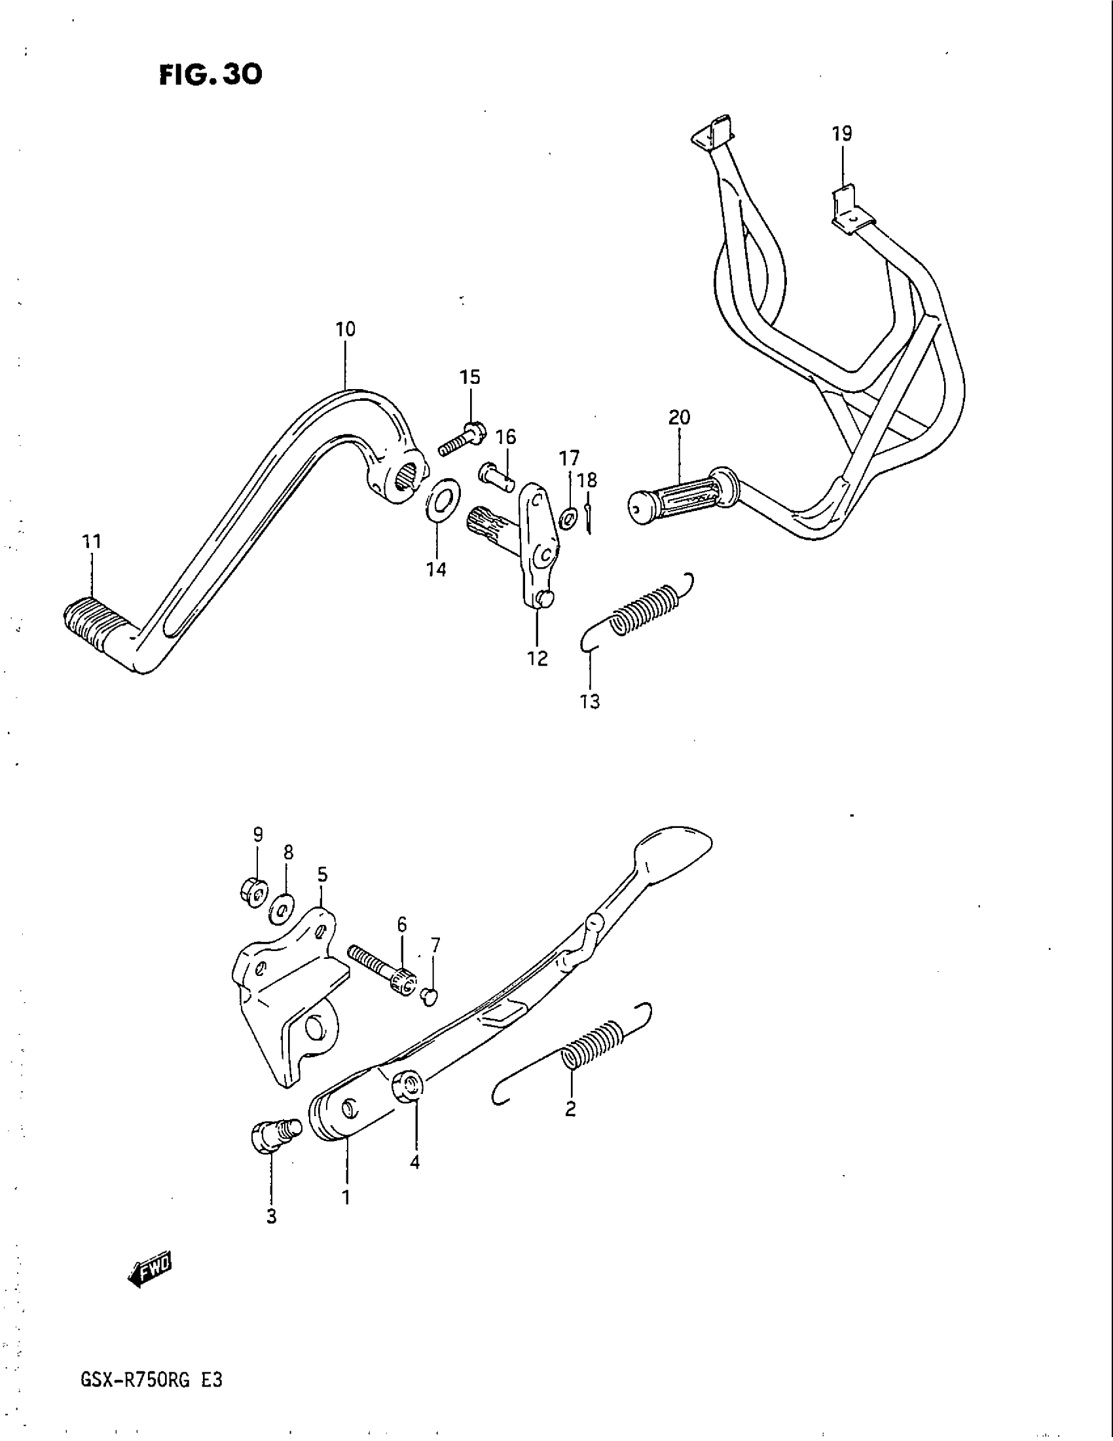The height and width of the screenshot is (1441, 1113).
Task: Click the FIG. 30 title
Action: (x=210, y=75)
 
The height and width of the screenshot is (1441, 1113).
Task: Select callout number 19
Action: (x=842, y=134)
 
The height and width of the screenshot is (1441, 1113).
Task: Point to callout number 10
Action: (x=346, y=329)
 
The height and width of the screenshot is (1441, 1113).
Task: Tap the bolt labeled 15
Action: (x=463, y=440)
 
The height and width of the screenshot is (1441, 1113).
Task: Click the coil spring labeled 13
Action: (x=643, y=610)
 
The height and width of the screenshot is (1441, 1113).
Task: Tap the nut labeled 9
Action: (x=252, y=893)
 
